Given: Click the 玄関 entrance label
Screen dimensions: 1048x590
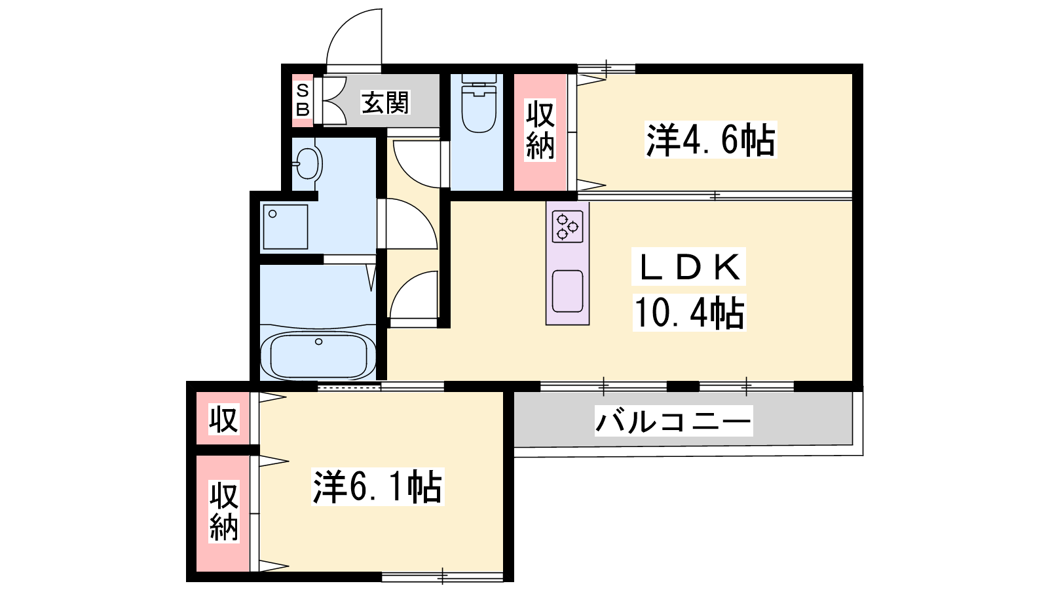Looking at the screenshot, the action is point(385,102).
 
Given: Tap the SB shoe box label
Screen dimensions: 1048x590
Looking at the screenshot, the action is point(303,100).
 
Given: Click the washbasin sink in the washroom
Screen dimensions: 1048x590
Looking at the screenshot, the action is point(307,163).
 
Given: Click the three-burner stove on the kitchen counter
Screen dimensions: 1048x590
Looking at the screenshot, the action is point(567,227).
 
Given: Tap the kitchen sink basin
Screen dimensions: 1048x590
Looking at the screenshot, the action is point(567,291).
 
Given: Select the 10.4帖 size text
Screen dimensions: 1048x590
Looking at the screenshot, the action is point(689,313).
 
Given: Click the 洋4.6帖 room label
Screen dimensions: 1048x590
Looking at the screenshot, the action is point(711,140).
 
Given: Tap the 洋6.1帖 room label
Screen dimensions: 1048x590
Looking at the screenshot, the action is point(377,488).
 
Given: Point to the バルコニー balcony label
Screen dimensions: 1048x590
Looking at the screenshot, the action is point(673,420).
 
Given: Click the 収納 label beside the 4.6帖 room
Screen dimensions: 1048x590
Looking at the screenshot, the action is point(540,130).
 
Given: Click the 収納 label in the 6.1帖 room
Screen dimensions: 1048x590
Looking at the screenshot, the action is point(224,511).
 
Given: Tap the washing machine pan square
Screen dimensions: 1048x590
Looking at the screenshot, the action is point(286,227).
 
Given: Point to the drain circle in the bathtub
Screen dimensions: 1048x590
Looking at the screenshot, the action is point(318,342).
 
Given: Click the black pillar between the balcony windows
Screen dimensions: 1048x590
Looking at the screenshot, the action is point(683,387).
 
